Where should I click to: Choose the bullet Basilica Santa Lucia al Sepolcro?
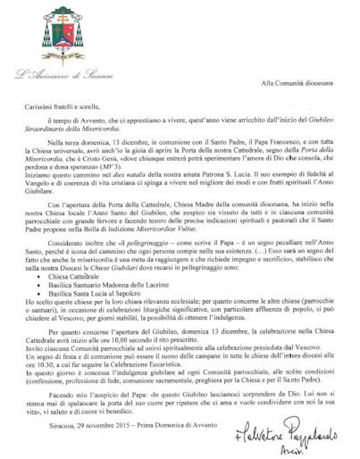(83, 294)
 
